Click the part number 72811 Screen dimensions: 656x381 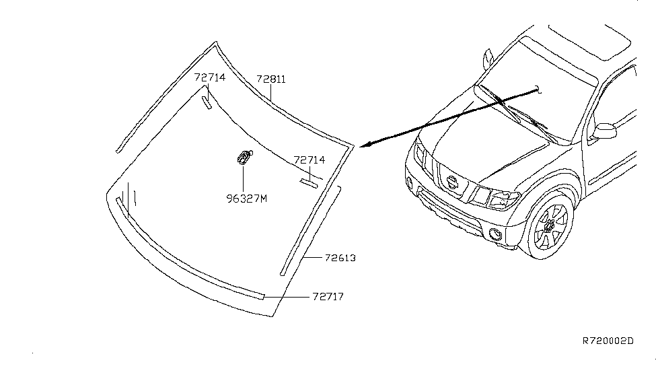point(270,79)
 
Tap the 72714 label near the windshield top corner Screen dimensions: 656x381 point(210,77)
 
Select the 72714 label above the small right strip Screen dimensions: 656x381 point(309,160)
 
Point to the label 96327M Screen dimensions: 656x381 point(246,199)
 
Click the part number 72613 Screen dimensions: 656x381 point(340,258)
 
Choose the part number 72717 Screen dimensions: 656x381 point(328,297)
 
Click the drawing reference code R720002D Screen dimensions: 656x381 point(608,341)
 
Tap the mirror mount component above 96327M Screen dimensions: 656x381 point(244,157)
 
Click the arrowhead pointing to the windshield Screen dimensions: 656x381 point(365,145)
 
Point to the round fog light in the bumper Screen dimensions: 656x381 point(495,234)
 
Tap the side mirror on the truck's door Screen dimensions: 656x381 point(604,131)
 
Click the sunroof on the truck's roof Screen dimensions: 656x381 point(590,42)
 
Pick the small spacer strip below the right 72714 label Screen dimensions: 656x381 point(309,183)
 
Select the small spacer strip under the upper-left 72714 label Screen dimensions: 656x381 point(207,102)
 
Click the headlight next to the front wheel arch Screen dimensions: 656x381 point(504,200)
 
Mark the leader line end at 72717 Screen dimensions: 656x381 point(264,297)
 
